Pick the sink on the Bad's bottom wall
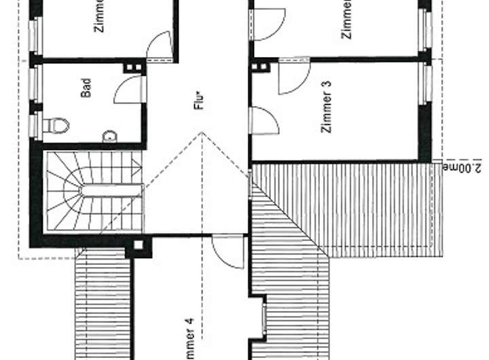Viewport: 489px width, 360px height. click(x=110, y=137)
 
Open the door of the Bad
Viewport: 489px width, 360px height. click(x=130, y=90)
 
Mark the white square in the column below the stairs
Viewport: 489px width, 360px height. click(x=138, y=245)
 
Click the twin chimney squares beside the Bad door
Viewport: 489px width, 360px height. click(x=131, y=67)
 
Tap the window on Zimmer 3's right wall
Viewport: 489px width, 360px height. click(x=426, y=83)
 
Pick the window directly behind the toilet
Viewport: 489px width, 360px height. click(x=35, y=126)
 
